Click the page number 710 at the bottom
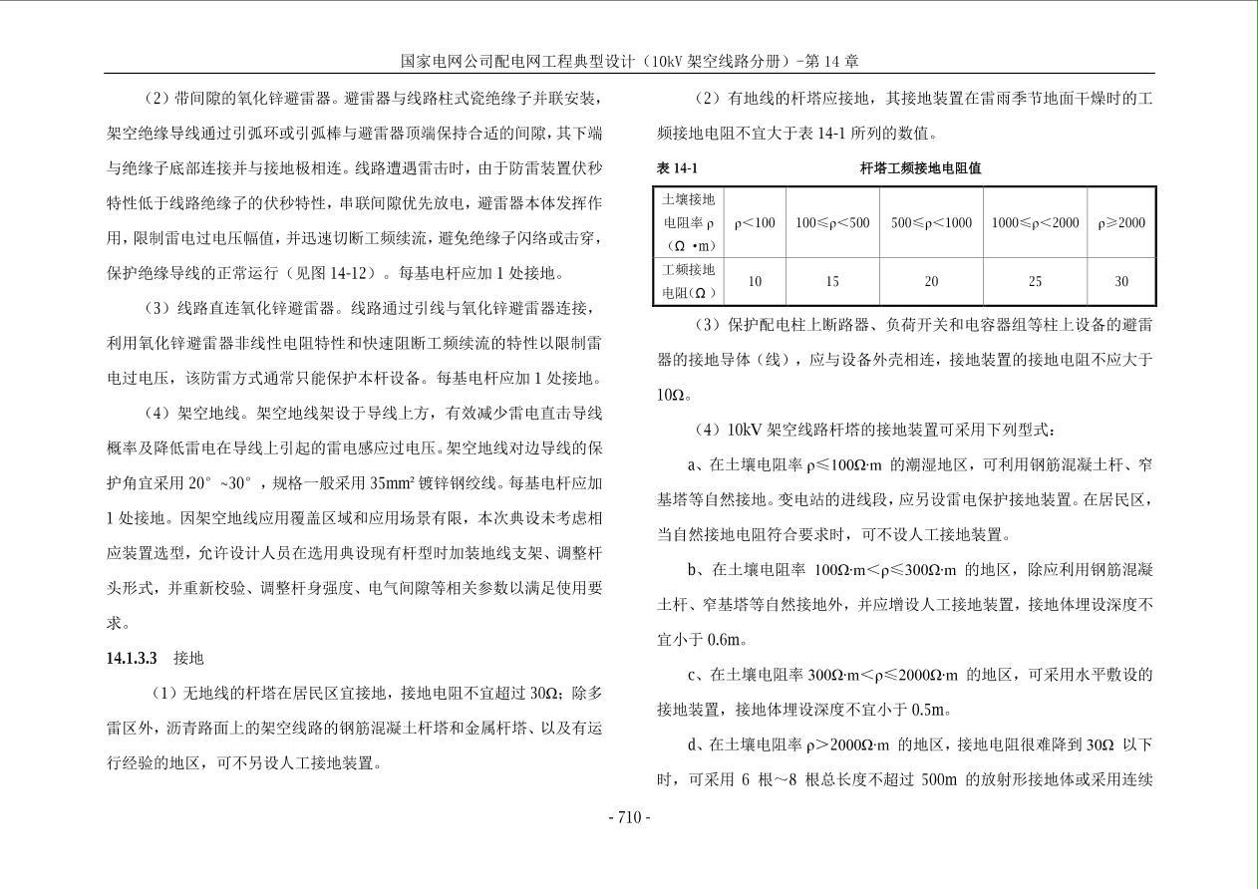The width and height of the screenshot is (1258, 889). [629, 817]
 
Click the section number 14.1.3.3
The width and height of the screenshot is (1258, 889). [133, 659]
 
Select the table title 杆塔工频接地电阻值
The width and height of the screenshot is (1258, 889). [920, 168]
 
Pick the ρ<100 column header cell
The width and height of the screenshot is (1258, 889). [755, 223]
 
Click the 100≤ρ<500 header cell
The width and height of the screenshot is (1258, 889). [832, 223]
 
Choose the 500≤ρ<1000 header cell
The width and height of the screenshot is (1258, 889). [931, 223]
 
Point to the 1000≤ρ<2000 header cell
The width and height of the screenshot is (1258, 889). [1035, 223]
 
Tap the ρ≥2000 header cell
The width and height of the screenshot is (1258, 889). [1121, 223]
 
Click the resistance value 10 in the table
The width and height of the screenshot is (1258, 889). [755, 282]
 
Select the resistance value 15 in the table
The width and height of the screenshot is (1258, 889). [832, 282]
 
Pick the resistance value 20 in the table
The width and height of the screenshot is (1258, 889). [931, 282]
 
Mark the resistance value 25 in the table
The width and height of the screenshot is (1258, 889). [1035, 282]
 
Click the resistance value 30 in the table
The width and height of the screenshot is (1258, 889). [1121, 282]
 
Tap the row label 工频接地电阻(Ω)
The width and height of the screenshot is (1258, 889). [689, 281]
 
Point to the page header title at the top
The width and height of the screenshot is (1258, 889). [629, 61]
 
